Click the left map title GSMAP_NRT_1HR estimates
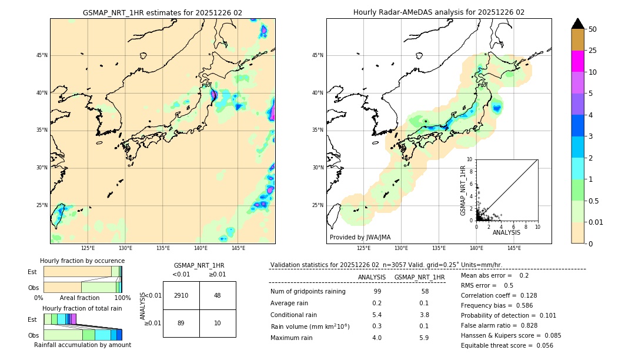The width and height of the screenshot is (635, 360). pos(162,12)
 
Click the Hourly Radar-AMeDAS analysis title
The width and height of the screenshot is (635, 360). pos(439,12)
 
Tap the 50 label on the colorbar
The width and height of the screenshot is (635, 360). pos(593,29)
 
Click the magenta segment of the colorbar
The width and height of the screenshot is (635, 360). pos(577,61)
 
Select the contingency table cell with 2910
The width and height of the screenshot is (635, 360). pos(181,295)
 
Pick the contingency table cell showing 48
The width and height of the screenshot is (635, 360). pos(218,295)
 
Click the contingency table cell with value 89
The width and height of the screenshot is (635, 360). pos(181,323)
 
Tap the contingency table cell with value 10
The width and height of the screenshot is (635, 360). pos(218,323)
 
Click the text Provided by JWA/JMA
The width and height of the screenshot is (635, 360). pos(360,238)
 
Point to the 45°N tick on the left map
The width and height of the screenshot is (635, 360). pos(42,55)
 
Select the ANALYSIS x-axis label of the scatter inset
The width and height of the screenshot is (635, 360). pos(506,232)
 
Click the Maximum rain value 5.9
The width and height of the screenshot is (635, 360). pos(424,338)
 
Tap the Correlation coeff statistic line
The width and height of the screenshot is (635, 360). pos(499,295)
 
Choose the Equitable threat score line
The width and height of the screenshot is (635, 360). pos(507,345)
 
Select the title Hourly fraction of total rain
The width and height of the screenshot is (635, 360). pos(82,308)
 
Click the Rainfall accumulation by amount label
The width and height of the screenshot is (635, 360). pos(82,345)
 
